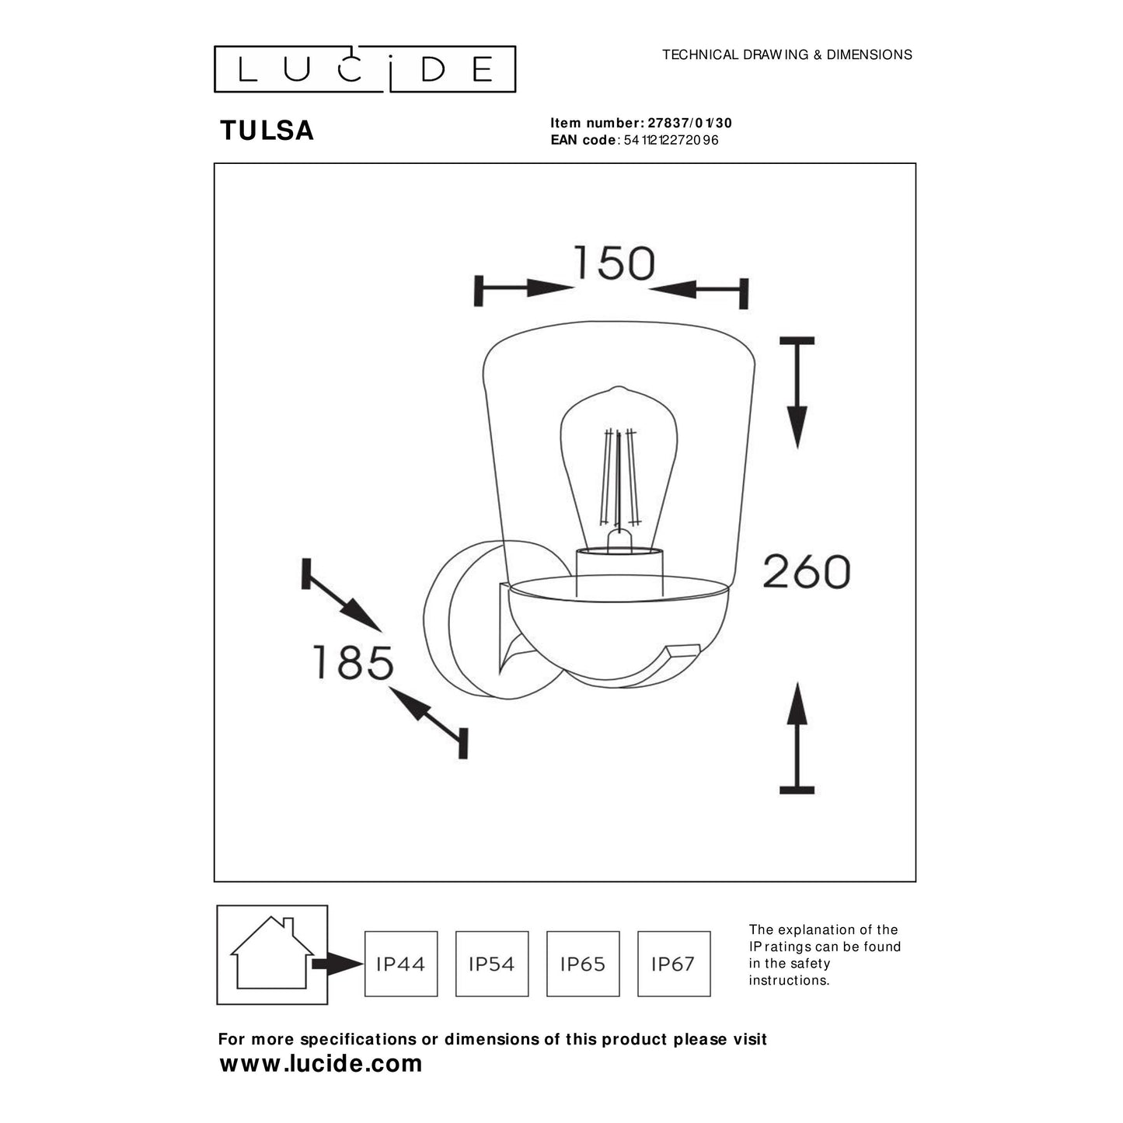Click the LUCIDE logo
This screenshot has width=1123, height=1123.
click(x=364, y=69)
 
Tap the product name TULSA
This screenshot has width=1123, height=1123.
click(x=267, y=131)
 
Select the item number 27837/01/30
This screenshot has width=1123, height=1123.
click(x=689, y=123)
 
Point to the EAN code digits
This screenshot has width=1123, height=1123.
click(x=671, y=141)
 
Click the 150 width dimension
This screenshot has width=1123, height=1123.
click(x=614, y=263)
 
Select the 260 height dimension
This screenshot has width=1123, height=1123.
click(x=806, y=572)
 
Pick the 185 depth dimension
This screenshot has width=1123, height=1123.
click(x=353, y=663)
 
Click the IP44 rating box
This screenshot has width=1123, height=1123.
click(x=401, y=964)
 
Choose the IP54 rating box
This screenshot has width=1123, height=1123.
click(x=492, y=964)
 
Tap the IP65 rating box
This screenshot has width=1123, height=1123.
click(x=583, y=964)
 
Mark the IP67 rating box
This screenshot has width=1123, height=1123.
click(x=674, y=964)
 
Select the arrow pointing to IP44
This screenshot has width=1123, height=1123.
click(x=337, y=964)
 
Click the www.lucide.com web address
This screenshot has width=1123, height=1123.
click(x=321, y=1063)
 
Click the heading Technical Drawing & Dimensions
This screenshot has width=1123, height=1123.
click(x=786, y=54)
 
